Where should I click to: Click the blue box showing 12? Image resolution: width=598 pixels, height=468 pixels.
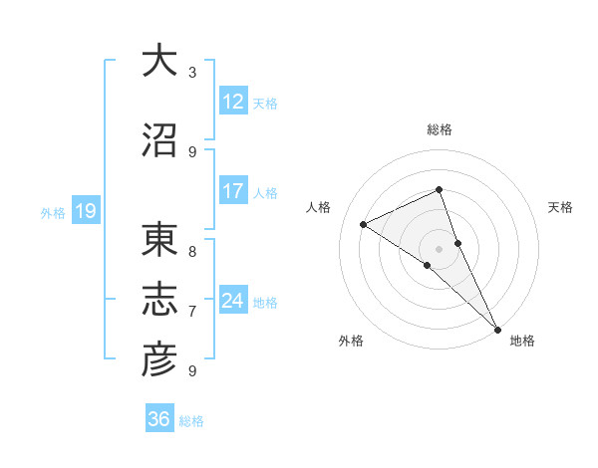(232, 102)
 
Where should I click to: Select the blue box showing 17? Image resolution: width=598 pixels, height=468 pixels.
(232, 192)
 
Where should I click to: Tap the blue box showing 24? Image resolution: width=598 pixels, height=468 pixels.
(232, 301)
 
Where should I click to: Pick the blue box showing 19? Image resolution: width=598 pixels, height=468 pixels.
(85, 211)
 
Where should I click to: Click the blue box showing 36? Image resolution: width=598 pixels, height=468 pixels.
(159, 419)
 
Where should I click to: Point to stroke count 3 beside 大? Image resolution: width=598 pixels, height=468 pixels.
(192, 73)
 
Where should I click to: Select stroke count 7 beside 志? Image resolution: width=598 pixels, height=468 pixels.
(192, 312)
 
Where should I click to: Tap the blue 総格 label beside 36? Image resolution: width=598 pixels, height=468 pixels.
(192, 421)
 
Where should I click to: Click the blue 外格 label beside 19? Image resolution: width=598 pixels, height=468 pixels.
(52, 212)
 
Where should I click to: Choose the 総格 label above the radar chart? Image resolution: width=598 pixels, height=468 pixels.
(439, 129)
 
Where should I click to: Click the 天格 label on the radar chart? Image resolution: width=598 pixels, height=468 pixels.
(561, 207)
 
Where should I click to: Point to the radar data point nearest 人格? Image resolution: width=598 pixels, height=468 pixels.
(363, 224)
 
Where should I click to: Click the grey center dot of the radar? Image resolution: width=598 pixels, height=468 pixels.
(439, 248)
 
